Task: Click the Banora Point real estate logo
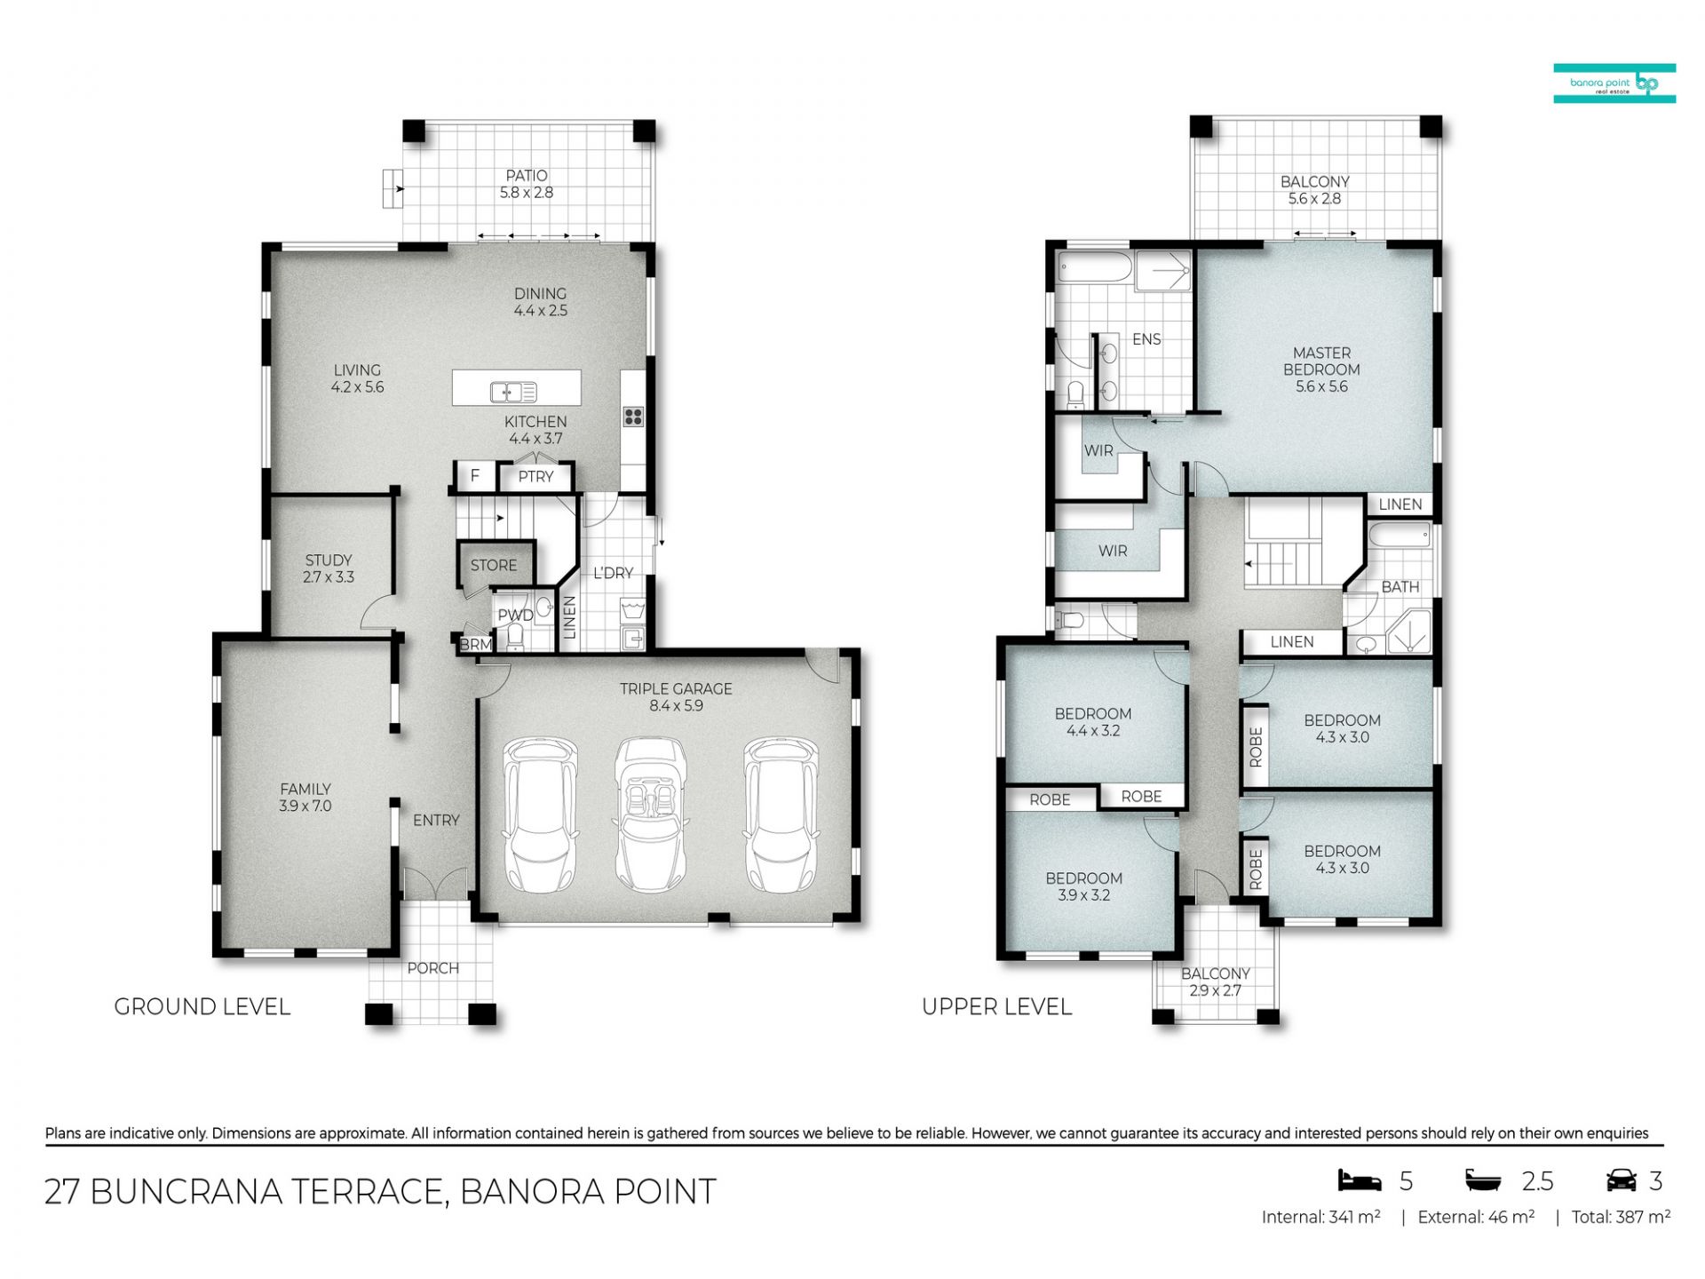(x=1614, y=83)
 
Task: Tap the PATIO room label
(x=527, y=176)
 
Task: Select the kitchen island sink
(x=514, y=392)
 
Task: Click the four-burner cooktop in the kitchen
(x=633, y=416)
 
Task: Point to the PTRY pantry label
(x=535, y=477)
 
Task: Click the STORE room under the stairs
(x=494, y=565)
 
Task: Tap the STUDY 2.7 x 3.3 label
(x=329, y=568)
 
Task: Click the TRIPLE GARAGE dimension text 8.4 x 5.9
(x=676, y=706)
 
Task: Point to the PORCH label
(x=433, y=968)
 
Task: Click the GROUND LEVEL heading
(x=202, y=1006)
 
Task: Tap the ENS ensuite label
(x=1146, y=339)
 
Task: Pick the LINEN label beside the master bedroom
(x=1400, y=504)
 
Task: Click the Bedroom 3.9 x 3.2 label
(x=1083, y=886)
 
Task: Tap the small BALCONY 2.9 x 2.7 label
(x=1216, y=982)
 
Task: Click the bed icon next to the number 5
(x=1360, y=1180)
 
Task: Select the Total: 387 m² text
(x=1621, y=1217)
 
